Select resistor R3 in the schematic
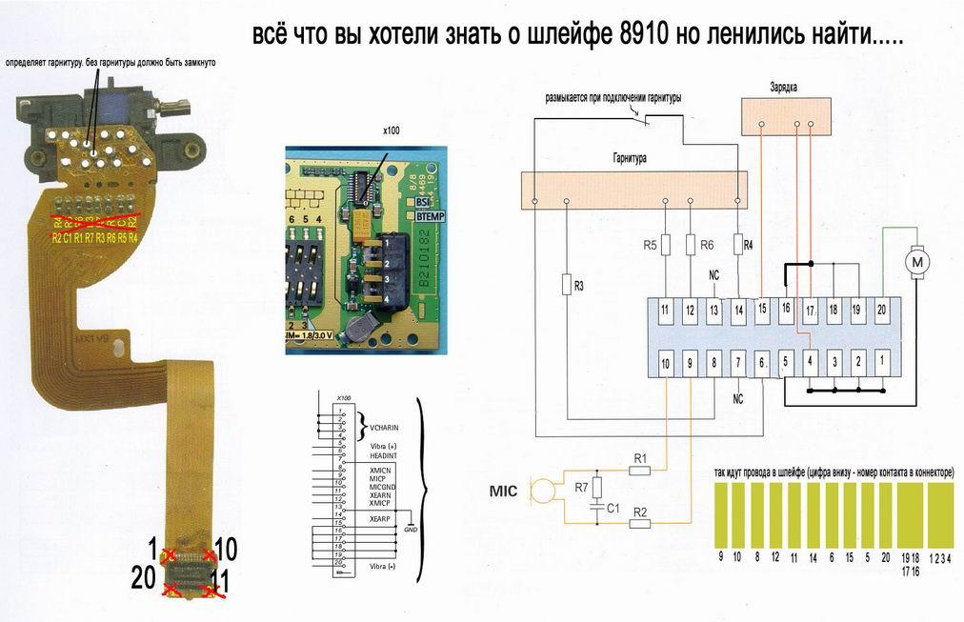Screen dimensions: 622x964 point(567,284)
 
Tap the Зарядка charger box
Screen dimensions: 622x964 point(787,116)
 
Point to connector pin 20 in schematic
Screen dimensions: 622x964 point(881,310)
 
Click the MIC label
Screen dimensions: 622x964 point(505,492)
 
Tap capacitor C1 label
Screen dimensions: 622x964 point(613,510)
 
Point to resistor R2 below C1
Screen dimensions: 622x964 point(640,522)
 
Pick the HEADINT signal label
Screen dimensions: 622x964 point(382,455)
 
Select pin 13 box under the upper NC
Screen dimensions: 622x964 point(713,310)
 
